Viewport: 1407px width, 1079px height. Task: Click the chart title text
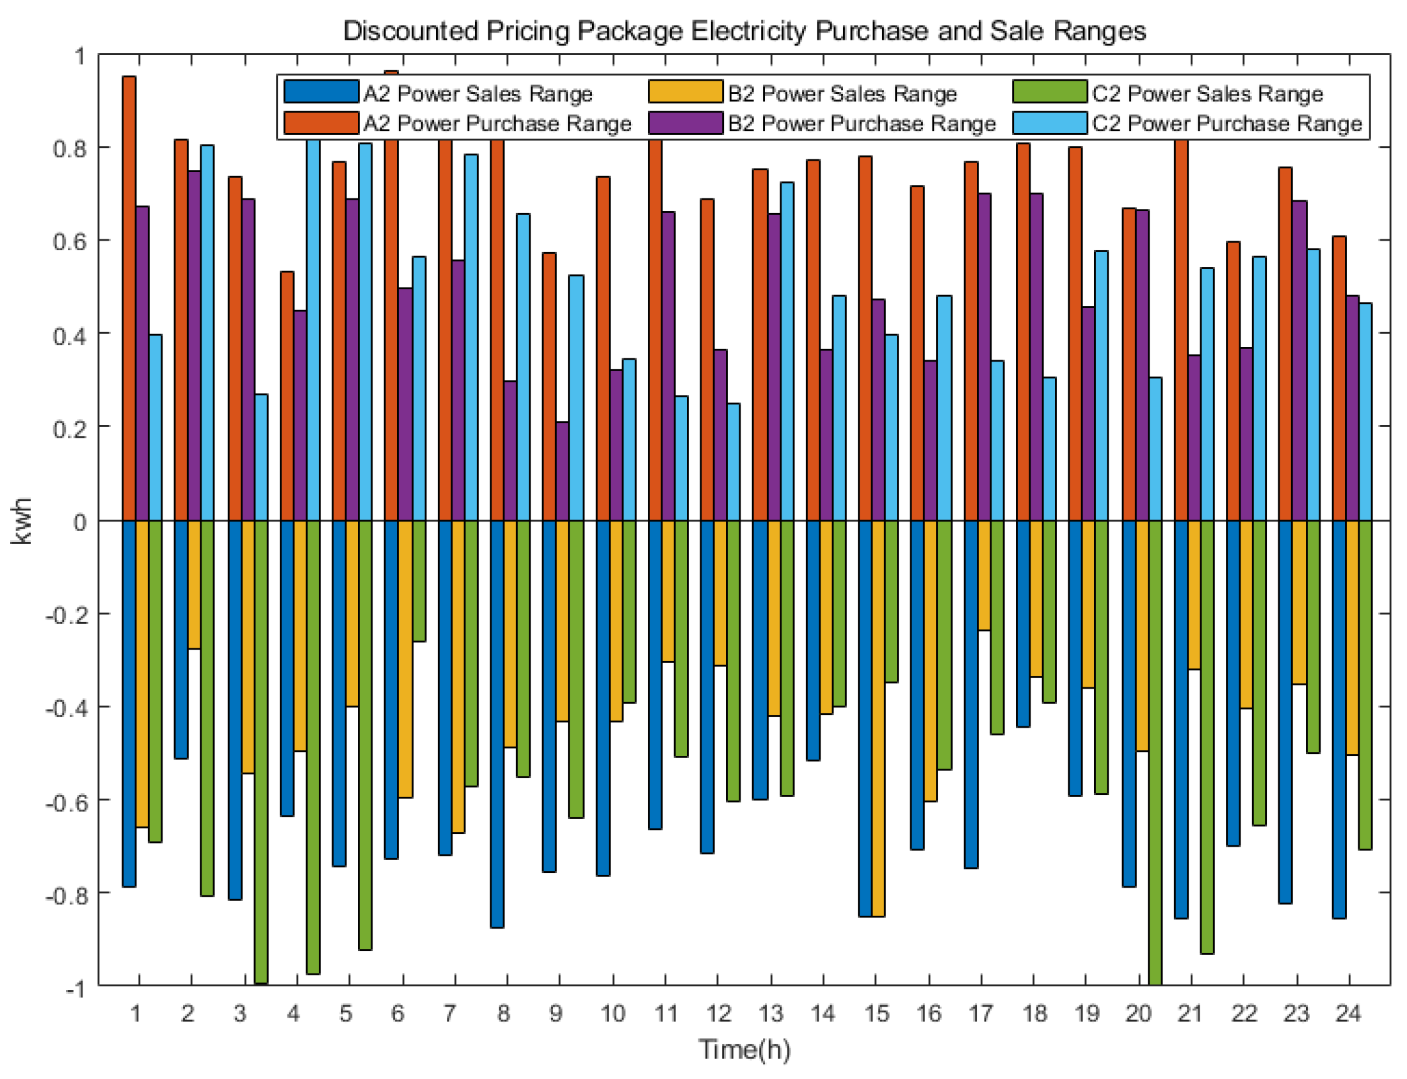[x=743, y=31]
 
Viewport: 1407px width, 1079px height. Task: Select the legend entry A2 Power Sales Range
[x=477, y=94]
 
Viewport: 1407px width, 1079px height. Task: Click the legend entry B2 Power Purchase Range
[x=861, y=124]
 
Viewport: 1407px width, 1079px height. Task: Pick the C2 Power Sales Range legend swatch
[x=1049, y=92]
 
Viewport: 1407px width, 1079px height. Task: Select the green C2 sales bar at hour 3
[x=261, y=751]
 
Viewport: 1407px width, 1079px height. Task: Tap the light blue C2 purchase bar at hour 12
[x=732, y=462]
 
